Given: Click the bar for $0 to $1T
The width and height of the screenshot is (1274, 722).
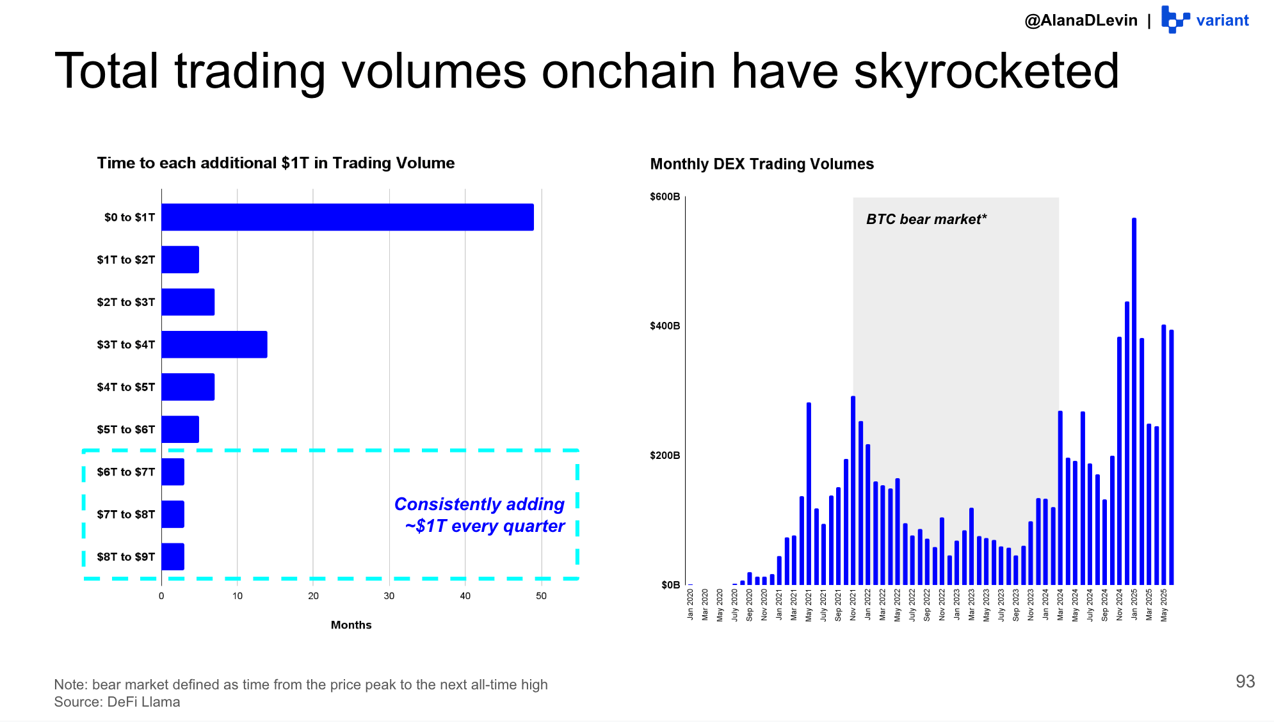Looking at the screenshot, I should [347, 217].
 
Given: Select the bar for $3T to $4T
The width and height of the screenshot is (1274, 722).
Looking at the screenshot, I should [214, 344].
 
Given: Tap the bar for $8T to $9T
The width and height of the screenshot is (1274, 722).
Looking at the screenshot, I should [173, 557].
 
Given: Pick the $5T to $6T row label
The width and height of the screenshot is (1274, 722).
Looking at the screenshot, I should [125, 429].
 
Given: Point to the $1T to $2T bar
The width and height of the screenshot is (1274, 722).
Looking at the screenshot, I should [180, 259].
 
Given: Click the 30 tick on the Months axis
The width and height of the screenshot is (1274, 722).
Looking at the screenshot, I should [389, 596].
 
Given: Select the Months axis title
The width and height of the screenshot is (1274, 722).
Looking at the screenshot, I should [351, 625].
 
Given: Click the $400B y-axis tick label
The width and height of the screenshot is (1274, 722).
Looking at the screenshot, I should [665, 326].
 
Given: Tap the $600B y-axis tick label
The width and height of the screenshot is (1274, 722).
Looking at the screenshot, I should [665, 197].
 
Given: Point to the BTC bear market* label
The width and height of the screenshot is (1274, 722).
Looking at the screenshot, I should [926, 220].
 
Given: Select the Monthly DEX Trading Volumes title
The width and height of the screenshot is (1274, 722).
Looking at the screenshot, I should [761, 164].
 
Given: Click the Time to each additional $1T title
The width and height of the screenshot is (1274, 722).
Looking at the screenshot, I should [275, 163].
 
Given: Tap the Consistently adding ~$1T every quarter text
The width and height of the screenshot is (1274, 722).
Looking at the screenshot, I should [480, 515].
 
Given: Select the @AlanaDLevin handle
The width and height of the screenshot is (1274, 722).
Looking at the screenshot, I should [1081, 20].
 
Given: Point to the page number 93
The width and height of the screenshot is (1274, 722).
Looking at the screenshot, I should [1245, 682].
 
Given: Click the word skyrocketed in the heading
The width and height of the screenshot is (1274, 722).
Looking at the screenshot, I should [986, 72].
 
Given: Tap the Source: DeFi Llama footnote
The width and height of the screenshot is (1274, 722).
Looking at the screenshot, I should [117, 702].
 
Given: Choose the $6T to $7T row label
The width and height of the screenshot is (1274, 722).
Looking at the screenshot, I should [125, 472].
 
